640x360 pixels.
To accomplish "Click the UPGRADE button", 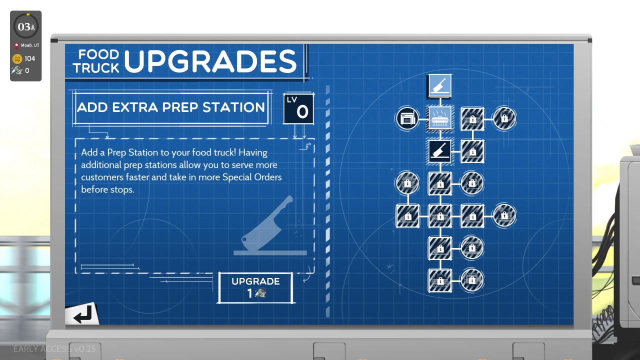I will (x=255, y=287).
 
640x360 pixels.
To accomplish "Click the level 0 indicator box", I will (x=298, y=108).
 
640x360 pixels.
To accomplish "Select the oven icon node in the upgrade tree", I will (x=407, y=119).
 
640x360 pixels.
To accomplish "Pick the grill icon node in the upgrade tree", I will (x=440, y=119).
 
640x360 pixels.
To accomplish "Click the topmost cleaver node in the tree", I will (x=440, y=86).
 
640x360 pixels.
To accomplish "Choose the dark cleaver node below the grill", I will (x=440, y=151).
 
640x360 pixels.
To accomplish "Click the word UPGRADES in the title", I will (x=210, y=62).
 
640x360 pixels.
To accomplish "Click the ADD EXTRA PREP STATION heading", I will (x=171, y=107).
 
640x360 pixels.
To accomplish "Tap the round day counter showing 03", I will (x=25, y=27).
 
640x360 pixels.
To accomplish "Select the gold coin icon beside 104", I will (x=17, y=58).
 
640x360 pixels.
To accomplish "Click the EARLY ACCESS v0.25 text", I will (x=54, y=348).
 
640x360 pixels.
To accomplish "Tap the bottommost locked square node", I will (x=440, y=280).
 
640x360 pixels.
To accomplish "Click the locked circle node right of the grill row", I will (x=504, y=119).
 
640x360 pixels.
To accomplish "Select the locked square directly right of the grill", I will (x=472, y=119).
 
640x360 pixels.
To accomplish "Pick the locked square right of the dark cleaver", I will (x=472, y=151).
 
